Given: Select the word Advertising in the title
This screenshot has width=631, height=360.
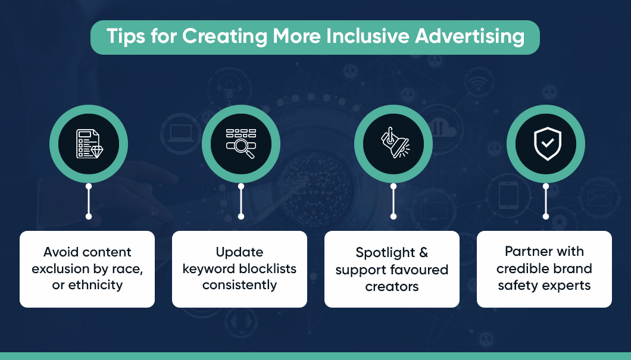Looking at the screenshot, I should click(470, 37).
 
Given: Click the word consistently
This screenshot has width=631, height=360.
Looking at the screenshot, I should click(239, 285).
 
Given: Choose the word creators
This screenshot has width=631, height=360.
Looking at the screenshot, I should click(392, 286).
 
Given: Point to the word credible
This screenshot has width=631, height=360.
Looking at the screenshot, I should click(523, 268).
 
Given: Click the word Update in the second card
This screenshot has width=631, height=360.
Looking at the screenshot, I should click(239, 252).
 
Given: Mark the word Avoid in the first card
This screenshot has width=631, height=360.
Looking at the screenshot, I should click(62, 252).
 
